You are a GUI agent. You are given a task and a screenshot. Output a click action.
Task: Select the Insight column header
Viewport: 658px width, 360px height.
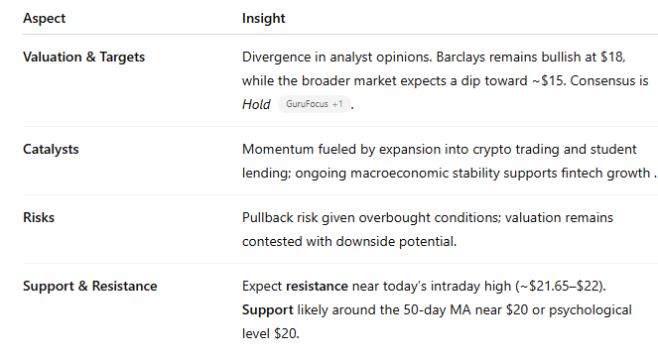pos(263,19)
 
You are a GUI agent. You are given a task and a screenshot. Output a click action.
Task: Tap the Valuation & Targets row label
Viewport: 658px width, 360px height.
pos(83,57)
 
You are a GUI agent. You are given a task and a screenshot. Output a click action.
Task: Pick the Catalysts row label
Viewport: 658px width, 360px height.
pos(51,149)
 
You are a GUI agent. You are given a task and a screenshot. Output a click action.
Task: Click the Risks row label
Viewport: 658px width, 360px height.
pos(39,217)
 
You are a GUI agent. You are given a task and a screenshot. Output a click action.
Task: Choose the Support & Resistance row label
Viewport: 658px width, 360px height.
pos(89,287)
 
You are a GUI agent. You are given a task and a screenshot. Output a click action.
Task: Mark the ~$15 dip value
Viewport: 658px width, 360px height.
pos(545,80)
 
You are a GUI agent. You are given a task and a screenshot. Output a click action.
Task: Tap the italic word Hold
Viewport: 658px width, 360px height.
pos(256,103)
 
